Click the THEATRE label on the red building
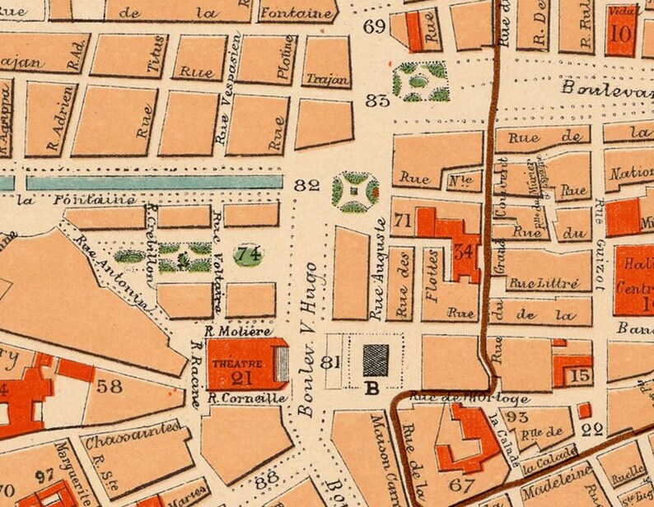[x=238, y=363]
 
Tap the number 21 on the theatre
[x=241, y=377]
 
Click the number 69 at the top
[x=375, y=26]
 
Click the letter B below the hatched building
[x=372, y=389]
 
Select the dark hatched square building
[x=376, y=360]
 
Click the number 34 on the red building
[x=464, y=253]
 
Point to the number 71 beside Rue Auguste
[x=403, y=220]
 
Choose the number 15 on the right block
[x=580, y=375]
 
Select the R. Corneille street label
[x=247, y=398]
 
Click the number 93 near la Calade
[x=517, y=417]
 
